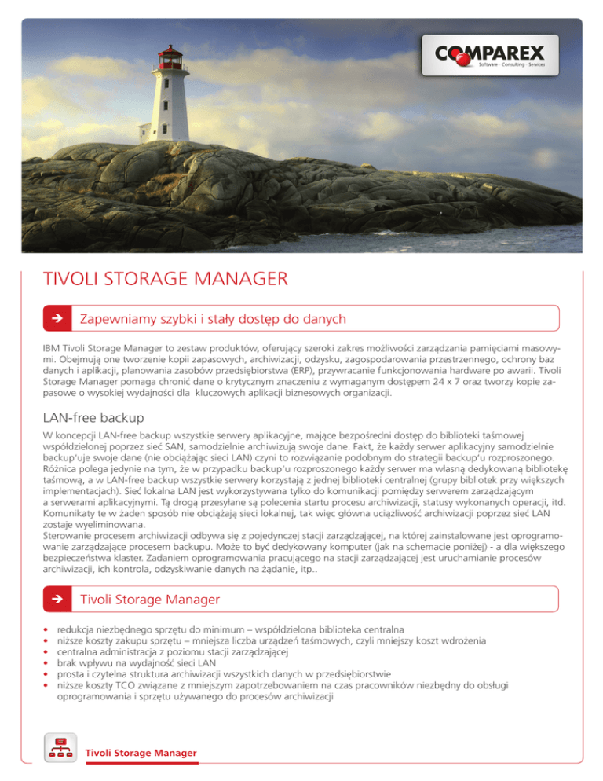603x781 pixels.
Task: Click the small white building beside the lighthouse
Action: click(x=146, y=131)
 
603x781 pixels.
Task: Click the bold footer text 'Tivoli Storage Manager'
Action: click(x=141, y=753)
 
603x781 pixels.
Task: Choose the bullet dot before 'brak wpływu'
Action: click(x=47, y=663)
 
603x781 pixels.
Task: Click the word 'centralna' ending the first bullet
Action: click(x=382, y=630)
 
